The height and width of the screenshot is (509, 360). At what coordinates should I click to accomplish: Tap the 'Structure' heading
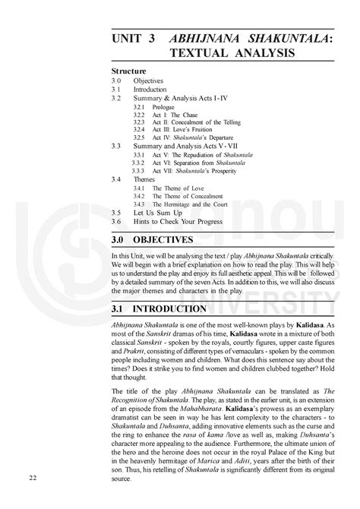point(128,71)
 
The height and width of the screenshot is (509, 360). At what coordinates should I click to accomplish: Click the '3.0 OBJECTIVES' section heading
point(163,240)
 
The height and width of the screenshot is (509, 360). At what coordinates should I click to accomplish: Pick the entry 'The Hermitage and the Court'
point(194,204)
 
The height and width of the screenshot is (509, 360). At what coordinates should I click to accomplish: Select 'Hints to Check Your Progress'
point(178,221)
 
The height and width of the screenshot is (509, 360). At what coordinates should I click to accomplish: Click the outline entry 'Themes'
point(144,179)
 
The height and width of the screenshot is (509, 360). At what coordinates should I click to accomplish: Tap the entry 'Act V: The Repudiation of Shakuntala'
point(202,154)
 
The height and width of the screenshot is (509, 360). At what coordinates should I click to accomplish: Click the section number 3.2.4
point(138,129)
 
